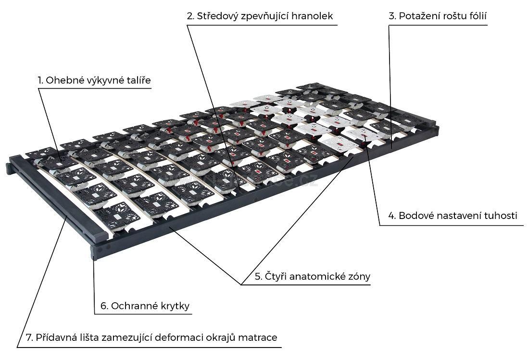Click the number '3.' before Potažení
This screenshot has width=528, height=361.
[392, 16]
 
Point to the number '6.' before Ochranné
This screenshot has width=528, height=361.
[104, 307]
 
